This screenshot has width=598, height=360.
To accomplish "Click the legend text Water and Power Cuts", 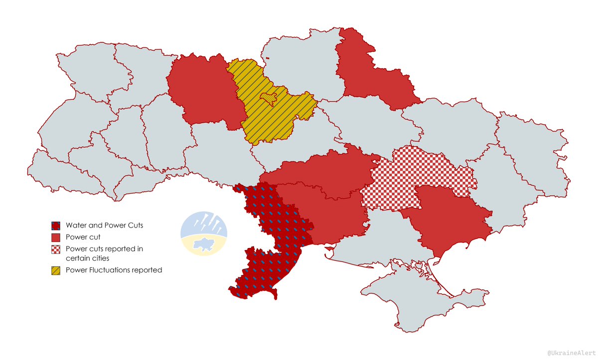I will click(104, 226).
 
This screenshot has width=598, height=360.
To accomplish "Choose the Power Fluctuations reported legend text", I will click(114, 270).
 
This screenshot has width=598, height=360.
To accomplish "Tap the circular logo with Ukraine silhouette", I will click(204, 234).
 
